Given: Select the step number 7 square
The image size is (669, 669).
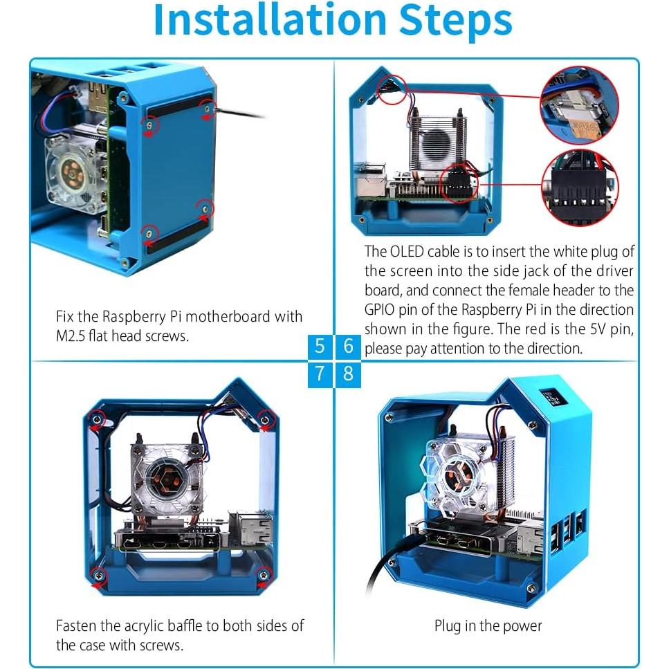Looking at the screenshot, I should pos(320,374).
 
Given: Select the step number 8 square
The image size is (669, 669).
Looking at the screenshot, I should pos(348,374).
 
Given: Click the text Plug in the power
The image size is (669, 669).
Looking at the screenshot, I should pos(488,626).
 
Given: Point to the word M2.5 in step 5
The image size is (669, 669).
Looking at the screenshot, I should pos(73,336).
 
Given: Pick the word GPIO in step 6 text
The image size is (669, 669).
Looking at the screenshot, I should pos(382,309).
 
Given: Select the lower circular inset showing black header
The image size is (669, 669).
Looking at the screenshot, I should pos(580,187).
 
